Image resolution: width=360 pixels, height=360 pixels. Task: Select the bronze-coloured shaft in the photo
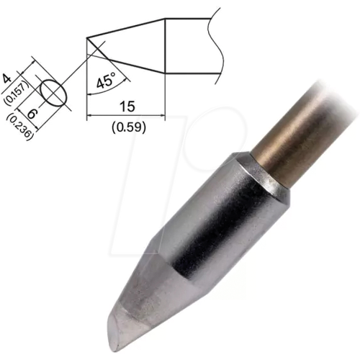click(x=302, y=137)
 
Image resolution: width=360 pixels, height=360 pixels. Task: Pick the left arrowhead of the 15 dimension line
click(x=89, y=114)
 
